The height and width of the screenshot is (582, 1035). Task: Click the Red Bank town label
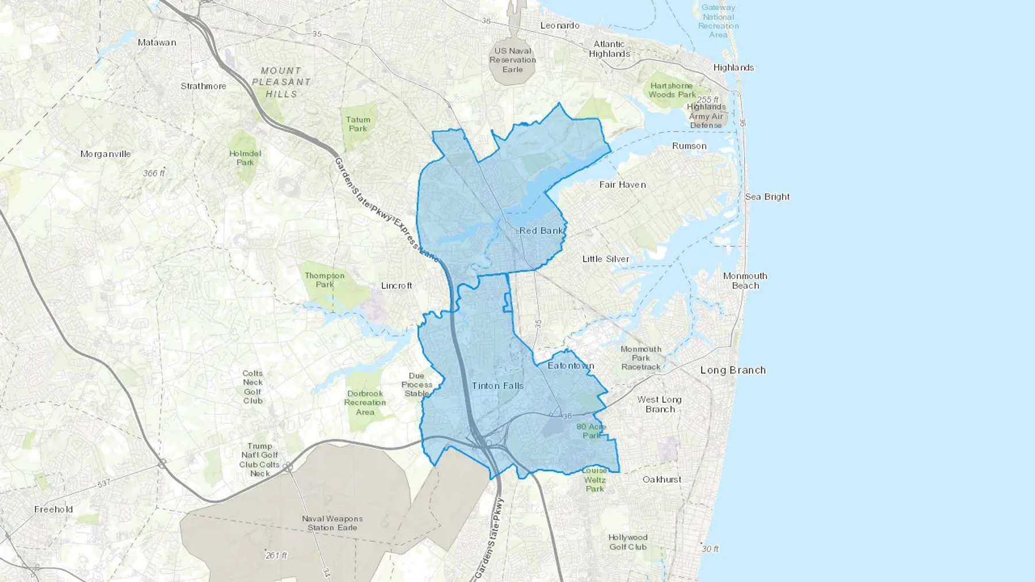(x=541, y=230)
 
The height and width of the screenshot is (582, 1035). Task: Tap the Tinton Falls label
(x=497, y=386)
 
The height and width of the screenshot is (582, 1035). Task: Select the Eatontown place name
(x=570, y=365)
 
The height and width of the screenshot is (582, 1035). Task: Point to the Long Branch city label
(x=733, y=370)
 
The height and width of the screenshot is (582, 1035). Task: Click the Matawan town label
(x=157, y=42)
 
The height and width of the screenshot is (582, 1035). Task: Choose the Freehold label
(x=53, y=509)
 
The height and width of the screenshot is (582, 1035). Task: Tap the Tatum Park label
(x=358, y=124)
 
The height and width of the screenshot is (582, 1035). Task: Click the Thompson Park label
(x=324, y=280)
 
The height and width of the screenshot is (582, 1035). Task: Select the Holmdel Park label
(x=245, y=158)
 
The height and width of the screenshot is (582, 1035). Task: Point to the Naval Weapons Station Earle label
(x=332, y=523)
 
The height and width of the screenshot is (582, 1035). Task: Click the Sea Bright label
(x=767, y=196)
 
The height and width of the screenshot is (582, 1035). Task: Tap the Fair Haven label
(x=622, y=184)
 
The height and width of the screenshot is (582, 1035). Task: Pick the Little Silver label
(x=605, y=259)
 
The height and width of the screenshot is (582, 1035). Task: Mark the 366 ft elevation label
(x=154, y=173)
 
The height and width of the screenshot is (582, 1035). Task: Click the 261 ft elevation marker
(x=276, y=555)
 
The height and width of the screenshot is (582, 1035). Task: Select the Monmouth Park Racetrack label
(x=641, y=358)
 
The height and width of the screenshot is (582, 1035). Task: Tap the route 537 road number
(x=103, y=484)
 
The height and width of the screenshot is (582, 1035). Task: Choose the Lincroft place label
(x=396, y=286)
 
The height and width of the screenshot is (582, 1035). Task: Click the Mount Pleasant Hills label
(x=281, y=82)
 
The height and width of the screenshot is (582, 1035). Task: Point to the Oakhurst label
(x=662, y=479)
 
